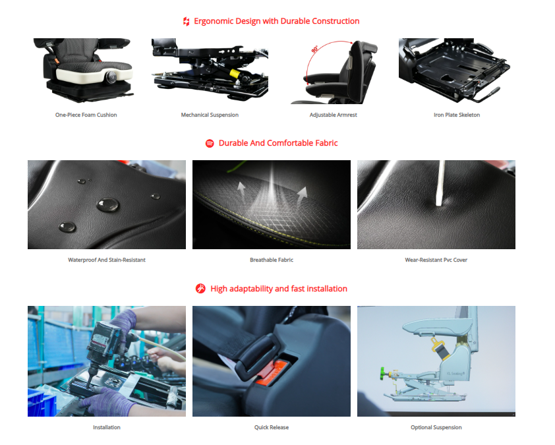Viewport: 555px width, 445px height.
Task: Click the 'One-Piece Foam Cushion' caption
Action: [86, 115]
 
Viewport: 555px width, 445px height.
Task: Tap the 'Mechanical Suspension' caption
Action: [210, 115]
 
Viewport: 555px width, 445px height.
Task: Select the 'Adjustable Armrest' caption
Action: [333, 115]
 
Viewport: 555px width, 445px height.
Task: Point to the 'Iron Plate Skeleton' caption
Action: [457, 115]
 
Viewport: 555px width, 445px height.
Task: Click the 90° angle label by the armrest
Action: [314, 49]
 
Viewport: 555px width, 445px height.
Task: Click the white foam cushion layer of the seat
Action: [94, 75]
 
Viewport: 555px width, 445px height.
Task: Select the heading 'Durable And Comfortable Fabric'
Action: [278, 143]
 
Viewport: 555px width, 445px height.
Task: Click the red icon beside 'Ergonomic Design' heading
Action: [186, 22]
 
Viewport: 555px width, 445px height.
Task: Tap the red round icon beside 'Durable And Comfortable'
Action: [210, 143]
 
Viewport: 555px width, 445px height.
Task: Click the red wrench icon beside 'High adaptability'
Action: [200, 289]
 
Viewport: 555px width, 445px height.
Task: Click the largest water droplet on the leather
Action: [108, 204]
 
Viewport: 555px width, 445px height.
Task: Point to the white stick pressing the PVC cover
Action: [440, 183]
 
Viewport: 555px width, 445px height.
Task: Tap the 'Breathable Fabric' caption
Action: [272, 260]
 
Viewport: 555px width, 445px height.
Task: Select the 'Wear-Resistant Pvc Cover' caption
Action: [436, 260]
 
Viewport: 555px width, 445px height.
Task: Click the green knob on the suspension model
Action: [382, 373]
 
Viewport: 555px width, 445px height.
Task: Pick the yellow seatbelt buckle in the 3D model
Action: [439, 348]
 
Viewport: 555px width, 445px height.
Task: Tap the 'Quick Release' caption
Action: [272, 427]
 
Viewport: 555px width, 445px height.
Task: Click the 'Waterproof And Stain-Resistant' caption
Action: [107, 260]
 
